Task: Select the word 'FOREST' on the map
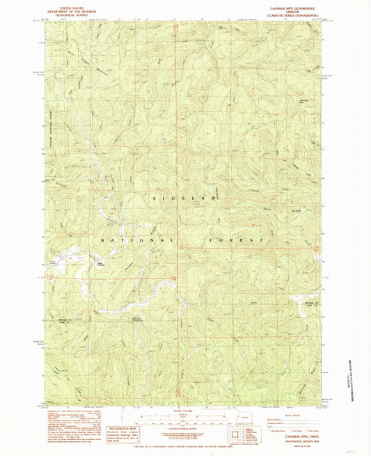pyautogui.click(x=236, y=239)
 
